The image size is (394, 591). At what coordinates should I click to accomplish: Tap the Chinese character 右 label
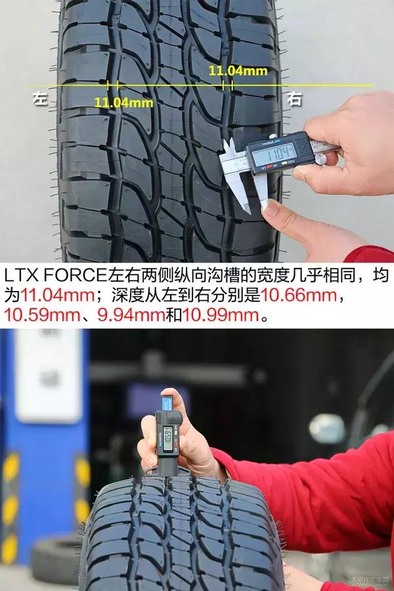click(295, 100)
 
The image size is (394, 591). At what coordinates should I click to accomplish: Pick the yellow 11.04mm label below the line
click(123, 102)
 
